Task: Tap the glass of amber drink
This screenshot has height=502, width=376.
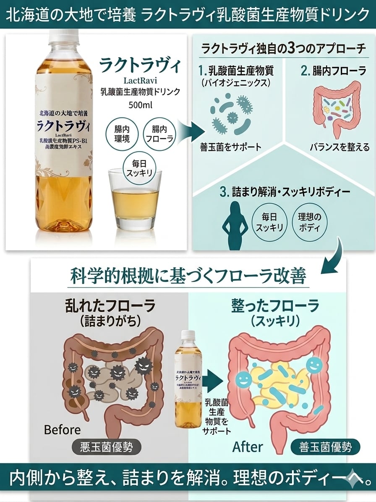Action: pyautogui.click(x=133, y=197)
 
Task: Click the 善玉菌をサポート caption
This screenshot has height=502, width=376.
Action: pyautogui.click(x=231, y=147)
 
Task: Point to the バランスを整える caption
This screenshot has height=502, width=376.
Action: pyautogui.click(x=340, y=147)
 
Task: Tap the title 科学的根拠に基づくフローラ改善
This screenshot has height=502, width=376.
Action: pyautogui.click(x=189, y=276)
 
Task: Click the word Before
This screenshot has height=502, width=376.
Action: pyautogui.click(x=62, y=430)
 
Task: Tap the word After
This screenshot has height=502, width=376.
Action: pyautogui.click(x=248, y=446)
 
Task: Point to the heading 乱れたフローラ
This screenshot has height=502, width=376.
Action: pyautogui.click(x=110, y=305)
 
